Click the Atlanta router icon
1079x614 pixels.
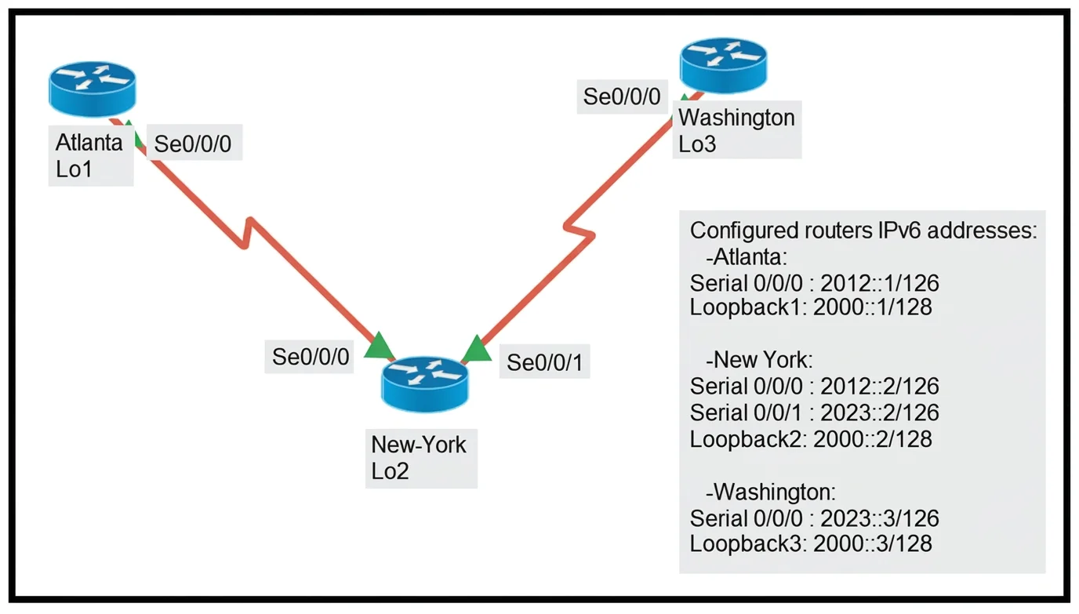click(x=92, y=89)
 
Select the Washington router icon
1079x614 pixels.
click(x=723, y=66)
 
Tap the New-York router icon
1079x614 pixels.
click(x=425, y=384)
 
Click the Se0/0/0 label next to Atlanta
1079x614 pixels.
click(x=193, y=144)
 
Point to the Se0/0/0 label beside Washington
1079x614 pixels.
click(x=622, y=96)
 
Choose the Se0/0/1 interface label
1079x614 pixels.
click(x=545, y=362)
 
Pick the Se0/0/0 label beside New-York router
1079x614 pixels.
click(x=311, y=357)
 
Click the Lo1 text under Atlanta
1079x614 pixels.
click(x=74, y=169)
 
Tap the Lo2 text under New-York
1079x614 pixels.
click(x=390, y=471)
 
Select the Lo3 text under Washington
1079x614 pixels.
click(x=697, y=144)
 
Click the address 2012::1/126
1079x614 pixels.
click(x=880, y=283)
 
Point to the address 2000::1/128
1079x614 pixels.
click(x=873, y=307)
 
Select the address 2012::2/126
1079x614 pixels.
click(x=880, y=387)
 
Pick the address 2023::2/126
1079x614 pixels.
click(x=880, y=412)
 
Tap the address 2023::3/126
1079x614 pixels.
click(x=880, y=518)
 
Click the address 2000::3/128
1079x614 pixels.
click(x=873, y=543)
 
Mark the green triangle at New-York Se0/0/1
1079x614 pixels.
click(x=477, y=349)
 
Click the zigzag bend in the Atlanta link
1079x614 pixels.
click(x=247, y=233)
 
